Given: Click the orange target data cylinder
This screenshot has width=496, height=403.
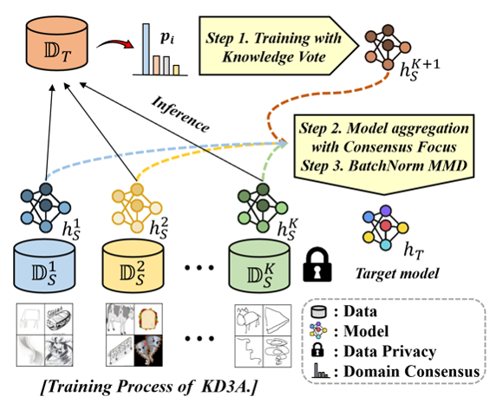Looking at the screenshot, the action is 56,43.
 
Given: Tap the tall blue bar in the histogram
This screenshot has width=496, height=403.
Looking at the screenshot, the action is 146,49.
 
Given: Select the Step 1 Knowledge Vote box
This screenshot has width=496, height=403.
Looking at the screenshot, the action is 278,46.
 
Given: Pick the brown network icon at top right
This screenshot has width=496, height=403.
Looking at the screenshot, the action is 388,48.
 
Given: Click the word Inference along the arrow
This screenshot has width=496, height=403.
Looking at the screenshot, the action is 180,114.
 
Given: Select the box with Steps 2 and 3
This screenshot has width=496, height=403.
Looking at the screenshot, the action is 384,154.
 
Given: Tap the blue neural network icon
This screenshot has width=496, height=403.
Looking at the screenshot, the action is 46,208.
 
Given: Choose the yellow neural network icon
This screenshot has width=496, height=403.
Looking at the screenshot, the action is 137,208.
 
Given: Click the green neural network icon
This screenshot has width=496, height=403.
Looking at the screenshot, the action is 263,208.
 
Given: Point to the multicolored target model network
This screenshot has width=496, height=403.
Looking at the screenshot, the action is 385,227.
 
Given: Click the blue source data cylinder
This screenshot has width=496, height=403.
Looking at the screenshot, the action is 44,266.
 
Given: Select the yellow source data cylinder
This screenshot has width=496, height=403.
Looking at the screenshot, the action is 133,266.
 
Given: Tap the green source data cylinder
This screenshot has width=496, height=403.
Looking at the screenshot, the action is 259,266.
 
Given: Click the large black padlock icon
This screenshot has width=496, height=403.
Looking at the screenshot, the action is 317,264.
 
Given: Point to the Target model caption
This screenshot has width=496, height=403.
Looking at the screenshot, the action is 397,273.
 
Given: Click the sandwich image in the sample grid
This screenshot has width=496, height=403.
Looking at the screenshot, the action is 148,319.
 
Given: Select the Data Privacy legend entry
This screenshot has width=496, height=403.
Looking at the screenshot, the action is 374,351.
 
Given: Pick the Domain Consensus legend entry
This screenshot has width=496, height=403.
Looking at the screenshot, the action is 395,371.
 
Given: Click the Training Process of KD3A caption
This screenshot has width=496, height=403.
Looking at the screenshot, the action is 148,387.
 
